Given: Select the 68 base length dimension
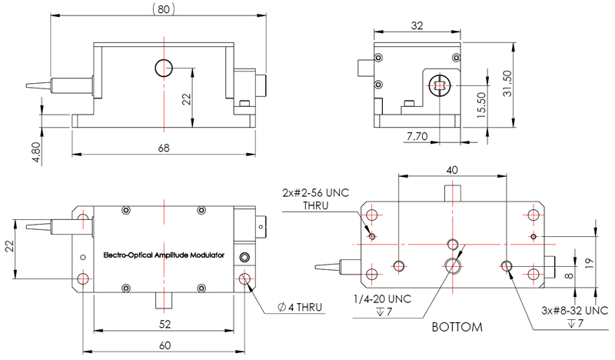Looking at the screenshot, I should coord(162,147).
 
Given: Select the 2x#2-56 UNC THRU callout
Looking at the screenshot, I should coord(317,199).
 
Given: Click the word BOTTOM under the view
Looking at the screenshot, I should coord(457,327).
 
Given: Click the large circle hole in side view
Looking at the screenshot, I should coord(164,68).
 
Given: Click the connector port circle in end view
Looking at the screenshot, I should coord(439,85).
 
